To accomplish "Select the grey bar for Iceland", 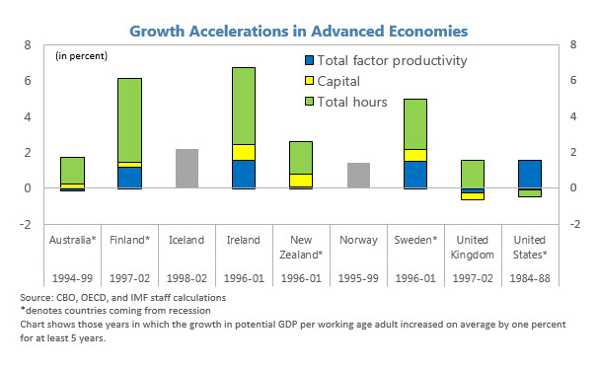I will pos(187,169).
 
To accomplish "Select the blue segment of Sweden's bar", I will pos(414,174).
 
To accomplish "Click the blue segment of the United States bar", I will pos(529,174).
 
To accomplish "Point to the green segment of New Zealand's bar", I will pos(301,157).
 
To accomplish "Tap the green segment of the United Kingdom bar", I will pos(473,174).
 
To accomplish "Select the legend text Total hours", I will pos(358,102).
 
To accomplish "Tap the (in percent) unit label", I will pos(81,54).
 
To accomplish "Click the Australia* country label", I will pos(72,240).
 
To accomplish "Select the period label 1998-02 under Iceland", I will pos(187,277).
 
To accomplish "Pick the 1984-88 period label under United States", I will pos(529,277).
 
